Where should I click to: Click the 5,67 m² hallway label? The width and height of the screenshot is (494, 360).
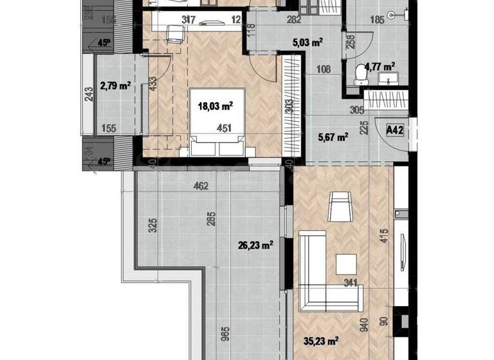[x=333, y=136]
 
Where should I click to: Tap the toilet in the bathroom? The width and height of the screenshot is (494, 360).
[x=360, y=75]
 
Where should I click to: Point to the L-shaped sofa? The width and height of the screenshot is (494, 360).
[x=315, y=276]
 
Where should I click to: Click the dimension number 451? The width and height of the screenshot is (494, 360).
[x=223, y=127]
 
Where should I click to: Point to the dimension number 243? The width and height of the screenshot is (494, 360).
[x=88, y=94]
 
